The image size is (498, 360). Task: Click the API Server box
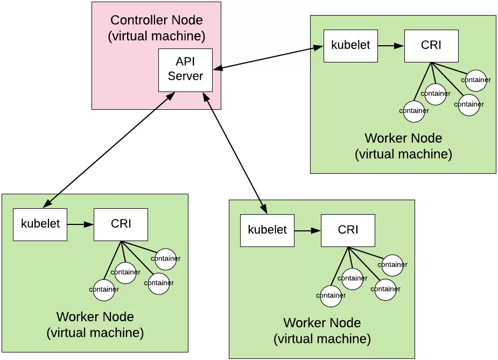pos(185,69)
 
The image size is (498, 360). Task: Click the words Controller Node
pos(156,20)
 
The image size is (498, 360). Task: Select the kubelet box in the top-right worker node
pos(350,45)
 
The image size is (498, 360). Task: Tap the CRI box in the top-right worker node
pos(431,46)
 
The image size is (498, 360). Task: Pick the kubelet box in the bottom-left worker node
pos(40,224)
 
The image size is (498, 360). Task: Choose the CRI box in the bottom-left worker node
pos(121,224)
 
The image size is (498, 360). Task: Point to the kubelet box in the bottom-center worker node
pos(267,230)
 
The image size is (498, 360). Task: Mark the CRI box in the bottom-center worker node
pos(348,230)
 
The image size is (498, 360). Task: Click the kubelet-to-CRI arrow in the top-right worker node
pos(391,46)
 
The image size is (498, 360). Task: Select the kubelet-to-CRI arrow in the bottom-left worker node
pos(80,224)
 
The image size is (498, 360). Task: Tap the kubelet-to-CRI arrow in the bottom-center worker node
pos(307,231)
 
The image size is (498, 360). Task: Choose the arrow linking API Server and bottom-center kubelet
pos(235,151)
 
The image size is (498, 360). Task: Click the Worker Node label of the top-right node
pos(403,138)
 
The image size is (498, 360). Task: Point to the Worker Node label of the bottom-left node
pos(95,316)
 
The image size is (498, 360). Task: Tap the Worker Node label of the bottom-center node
pos(322,323)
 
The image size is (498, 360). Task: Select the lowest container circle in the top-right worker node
pos(414,111)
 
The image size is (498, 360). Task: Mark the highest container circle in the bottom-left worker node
pos(165,259)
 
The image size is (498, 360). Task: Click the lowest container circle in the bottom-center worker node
pos(331,295)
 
